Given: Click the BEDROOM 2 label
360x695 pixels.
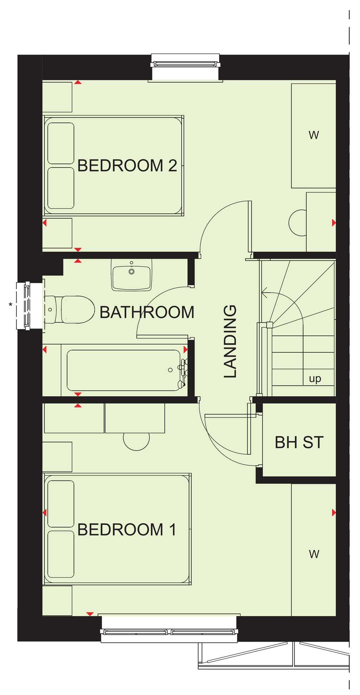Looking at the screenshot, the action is [127, 166].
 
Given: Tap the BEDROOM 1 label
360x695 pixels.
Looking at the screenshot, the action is [127, 530].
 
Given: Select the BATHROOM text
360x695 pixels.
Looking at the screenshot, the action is [147, 312].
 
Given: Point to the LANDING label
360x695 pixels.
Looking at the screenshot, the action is [230, 341].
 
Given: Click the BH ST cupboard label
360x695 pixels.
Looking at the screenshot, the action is [299, 442].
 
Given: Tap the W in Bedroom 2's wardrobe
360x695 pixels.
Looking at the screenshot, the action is [314, 135].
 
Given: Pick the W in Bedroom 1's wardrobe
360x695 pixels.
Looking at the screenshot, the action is [314, 554].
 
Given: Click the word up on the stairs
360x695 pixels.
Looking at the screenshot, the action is [315, 379].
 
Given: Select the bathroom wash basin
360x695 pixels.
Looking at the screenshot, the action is [131, 275].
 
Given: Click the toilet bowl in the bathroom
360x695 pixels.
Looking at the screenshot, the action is [78, 310].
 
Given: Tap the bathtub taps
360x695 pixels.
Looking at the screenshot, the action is [182, 373].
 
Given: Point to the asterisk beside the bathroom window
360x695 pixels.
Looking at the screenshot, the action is [11, 305].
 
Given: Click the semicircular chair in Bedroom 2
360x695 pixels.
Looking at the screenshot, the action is [297, 223].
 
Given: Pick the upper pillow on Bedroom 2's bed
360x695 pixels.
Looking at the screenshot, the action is [61, 143].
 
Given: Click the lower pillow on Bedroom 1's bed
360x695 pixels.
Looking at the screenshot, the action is [61, 554].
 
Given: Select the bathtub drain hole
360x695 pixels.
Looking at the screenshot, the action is [171, 370].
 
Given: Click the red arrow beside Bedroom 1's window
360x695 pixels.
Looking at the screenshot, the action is [90, 614].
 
